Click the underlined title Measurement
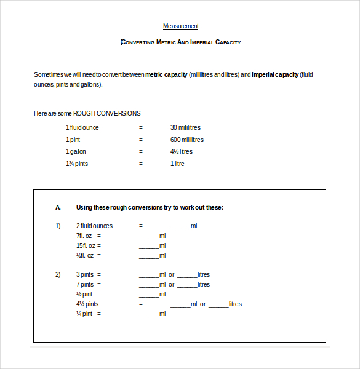click(x=180, y=26)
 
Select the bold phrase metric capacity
click(x=166, y=74)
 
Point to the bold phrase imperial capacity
click(x=275, y=74)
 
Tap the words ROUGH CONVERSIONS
click(x=107, y=113)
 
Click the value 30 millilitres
click(x=185, y=127)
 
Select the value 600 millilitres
click(x=187, y=140)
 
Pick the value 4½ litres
click(x=182, y=151)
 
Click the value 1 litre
click(x=177, y=164)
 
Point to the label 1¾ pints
click(x=77, y=164)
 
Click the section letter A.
click(x=58, y=207)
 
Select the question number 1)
click(x=58, y=226)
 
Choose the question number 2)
click(x=58, y=274)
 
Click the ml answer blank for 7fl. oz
click(x=149, y=237)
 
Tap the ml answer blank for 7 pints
click(x=149, y=285)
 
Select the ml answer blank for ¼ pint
click(x=149, y=315)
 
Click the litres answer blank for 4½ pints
click(x=218, y=305)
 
